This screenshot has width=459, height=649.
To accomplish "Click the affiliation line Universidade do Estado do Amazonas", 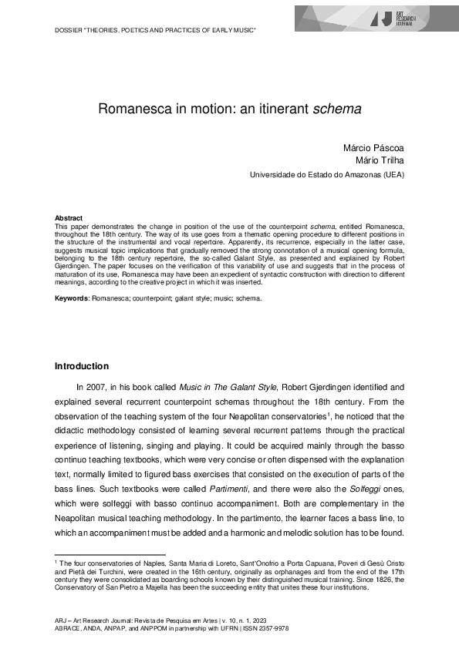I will click(x=326, y=175).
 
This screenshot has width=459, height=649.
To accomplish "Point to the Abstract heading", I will click(x=69, y=219).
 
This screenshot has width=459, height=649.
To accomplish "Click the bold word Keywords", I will click(x=72, y=298).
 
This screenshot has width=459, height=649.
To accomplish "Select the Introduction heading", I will click(x=82, y=366).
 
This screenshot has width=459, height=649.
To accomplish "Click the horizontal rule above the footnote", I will click(x=110, y=553).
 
